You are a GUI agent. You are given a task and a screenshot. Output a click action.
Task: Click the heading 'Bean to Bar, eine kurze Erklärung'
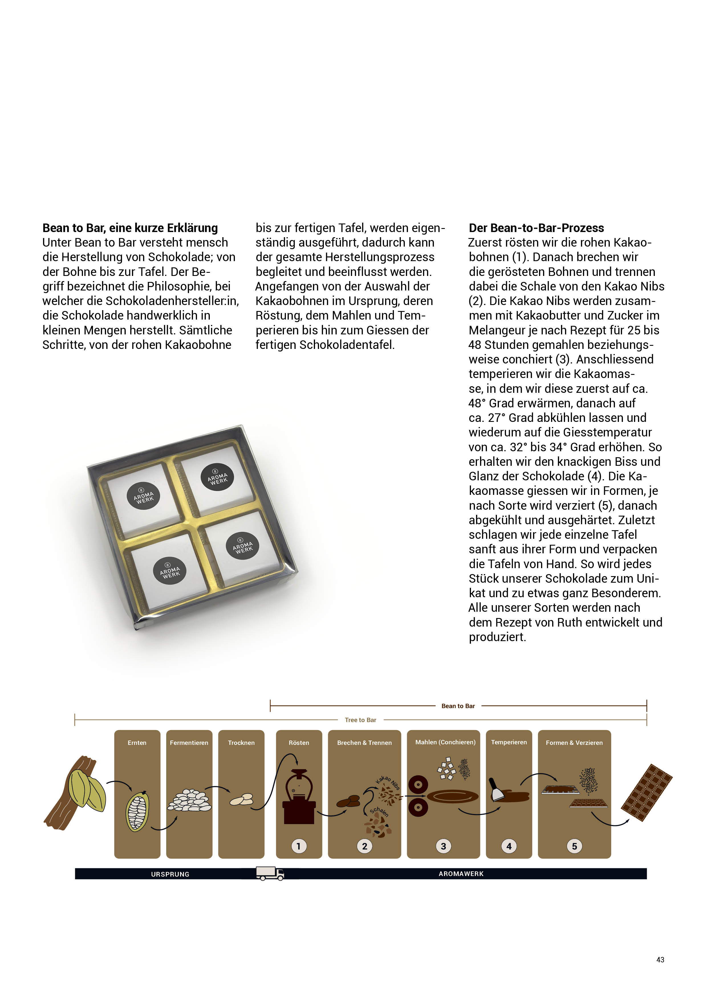pyautogui.click(x=130, y=228)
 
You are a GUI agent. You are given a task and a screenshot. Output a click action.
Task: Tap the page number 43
pyautogui.click(x=660, y=960)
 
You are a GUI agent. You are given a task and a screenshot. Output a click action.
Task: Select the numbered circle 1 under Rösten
pyautogui.click(x=298, y=846)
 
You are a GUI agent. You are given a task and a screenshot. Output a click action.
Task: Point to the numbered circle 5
pyautogui.click(x=574, y=846)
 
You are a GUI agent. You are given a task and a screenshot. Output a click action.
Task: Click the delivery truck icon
pyautogui.click(x=270, y=873)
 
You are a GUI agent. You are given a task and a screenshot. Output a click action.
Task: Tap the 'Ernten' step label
pyautogui.click(x=137, y=743)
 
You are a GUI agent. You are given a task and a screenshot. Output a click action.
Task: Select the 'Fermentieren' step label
pyautogui.click(x=189, y=743)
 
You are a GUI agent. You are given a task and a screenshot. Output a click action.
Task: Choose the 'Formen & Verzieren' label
pyautogui.click(x=574, y=743)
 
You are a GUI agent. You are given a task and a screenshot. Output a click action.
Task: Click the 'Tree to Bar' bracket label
pyautogui.click(x=360, y=720)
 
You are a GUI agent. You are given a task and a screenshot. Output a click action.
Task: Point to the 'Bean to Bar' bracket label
pyautogui.click(x=458, y=706)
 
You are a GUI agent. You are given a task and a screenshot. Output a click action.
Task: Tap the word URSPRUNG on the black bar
pyautogui.click(x=170, y=874)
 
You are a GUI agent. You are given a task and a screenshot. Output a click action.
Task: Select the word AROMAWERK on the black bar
pyautogui.click(x=461, y=874)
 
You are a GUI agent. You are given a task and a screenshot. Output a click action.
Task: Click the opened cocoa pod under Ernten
pyautogui.click(x=137, y=811)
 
